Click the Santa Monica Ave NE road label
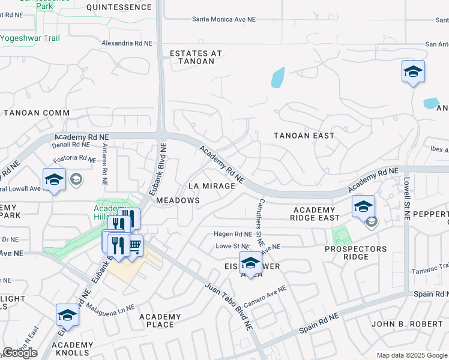(x=224, y=19)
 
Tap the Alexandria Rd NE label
(x=127, y=43)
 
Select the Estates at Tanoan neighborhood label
(x=196, y=57)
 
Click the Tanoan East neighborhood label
(x=304, y=136)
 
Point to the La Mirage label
(x=211, y=186)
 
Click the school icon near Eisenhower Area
(x=250, y=263)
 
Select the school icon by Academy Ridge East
(x=363, y=207)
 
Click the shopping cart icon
(x=135, y=245)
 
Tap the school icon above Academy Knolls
(x=67, y=315)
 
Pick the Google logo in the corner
(x=20, y=353)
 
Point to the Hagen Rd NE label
(x=233, y=234)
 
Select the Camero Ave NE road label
(x=265, y=296)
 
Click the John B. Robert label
(x=409, y=324)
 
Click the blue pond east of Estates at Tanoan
(x=277, y=78)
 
